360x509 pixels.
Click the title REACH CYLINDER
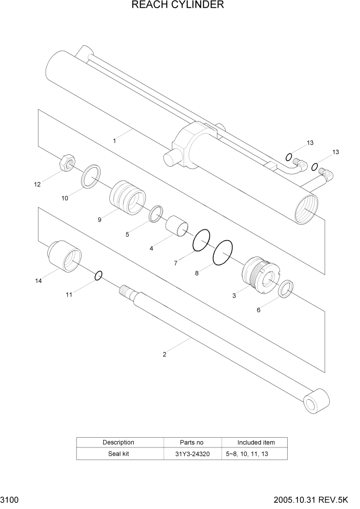coord(177,5)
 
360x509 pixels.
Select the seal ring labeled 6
coord(286,290)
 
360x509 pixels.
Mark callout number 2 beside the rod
coord(164,354)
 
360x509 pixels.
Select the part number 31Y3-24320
coord(192,454)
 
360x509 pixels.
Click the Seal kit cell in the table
coord(118,454)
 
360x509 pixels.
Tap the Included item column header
coord(255,442)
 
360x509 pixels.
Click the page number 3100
coord(10,499)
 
